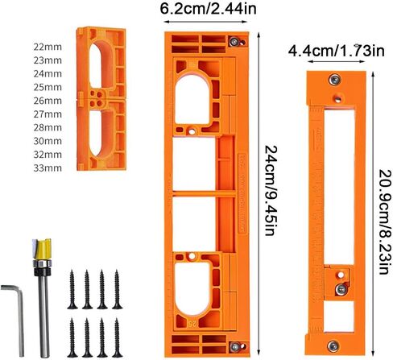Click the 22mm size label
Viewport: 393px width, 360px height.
click(x=48, y=47)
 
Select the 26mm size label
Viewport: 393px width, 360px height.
click(x=48, y=101)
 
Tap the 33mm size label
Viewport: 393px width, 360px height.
click(x=48, y=168)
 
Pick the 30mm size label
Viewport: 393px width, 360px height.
click(x=48, y=141)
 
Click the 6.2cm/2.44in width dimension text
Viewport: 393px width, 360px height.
click(x=209, y=9)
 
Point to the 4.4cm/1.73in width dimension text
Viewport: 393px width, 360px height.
click(x=337, y=50)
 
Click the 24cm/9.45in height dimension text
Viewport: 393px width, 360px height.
click(x=271, y=191)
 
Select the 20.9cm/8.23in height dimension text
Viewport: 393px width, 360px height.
click(x=384, y=221)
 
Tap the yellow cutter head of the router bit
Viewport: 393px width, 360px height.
click(x=42, y=249)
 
